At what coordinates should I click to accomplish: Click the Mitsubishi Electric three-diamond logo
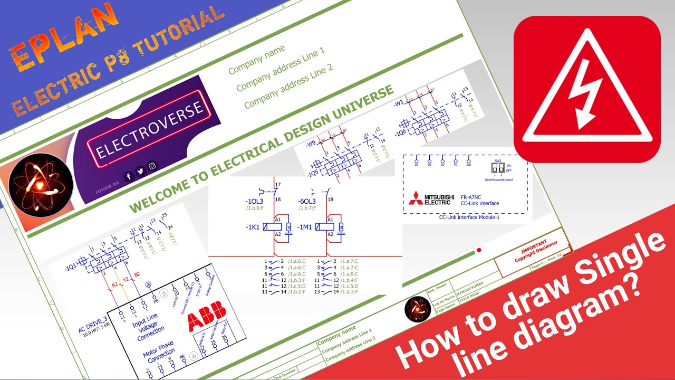click(416, 198)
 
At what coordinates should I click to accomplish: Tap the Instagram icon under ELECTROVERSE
click(152, 166)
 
